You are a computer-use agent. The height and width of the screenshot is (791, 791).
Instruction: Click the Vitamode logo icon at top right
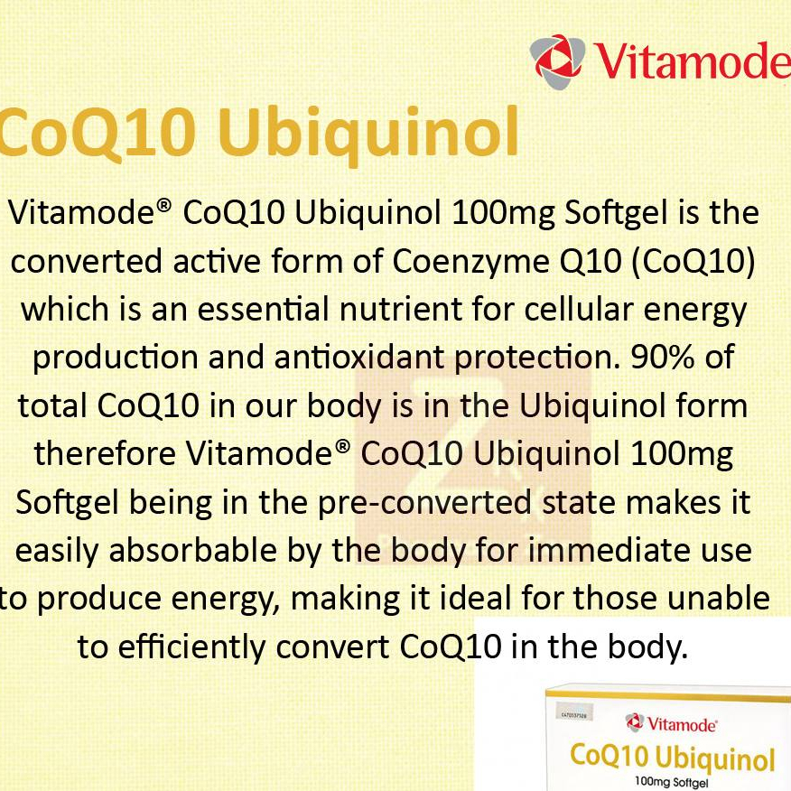(x=557, y=61)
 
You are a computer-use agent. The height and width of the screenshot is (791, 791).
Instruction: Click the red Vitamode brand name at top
(x=692, y=61)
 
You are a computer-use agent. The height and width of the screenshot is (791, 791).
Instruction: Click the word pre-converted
(x=424, y=504)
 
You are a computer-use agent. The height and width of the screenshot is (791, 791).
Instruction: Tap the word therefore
(x=105, y=453)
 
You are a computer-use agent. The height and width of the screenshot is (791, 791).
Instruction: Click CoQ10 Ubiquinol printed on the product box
(x=672, y=758)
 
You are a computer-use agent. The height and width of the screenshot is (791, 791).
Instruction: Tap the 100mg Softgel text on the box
(x=672, y=783)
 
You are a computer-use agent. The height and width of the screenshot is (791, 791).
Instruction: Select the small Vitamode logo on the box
(x=671, y=723)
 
